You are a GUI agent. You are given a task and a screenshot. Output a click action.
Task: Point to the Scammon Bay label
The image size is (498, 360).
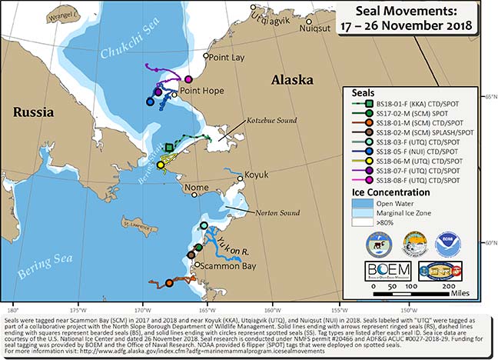tap(224, 265)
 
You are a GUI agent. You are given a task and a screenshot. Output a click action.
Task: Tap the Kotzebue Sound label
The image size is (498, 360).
tap(271, 121)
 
